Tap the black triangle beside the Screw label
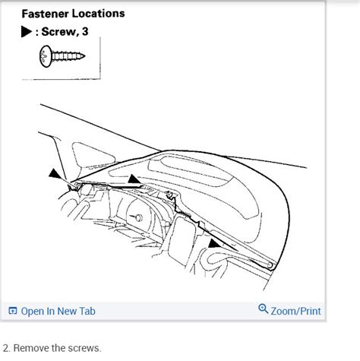[x=27, y=32]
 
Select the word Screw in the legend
[x=58, y=32]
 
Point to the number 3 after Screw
[x=85, y=32]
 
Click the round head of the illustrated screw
[x=46, y=56]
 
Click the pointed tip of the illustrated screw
[x=84, y=55]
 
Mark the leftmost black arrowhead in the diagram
[x=55, y=174]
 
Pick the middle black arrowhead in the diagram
[x=134, y=179]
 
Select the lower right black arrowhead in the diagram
[x=214, y=244]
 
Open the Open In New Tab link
[x=58, y=311]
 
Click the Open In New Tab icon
[x=13, y=311]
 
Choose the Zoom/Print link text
[x=295, y=311]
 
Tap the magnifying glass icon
[x=263, y=309]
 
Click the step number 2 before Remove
[x=5, y=348]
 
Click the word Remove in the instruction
[x=31, y=348]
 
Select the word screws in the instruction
[x=85, y=349]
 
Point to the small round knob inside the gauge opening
[x=138, y=217]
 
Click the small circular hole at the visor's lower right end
[x=270, y=265]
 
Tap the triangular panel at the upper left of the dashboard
[x=92, y=155]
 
